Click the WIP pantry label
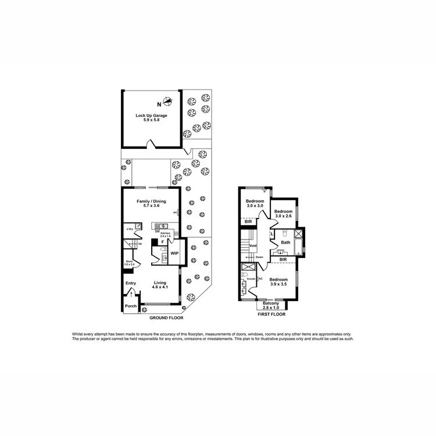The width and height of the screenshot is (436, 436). click(x=174, y=253)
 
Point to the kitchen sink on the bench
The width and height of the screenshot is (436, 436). click(x=163, y=226)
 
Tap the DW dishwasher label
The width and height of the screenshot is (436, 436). click(x=158, y=232)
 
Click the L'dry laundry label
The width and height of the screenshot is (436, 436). click(x=130, y=229)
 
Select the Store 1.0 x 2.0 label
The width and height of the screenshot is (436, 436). click(x=130, y=263)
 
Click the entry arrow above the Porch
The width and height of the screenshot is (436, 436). click(x=131, y=295)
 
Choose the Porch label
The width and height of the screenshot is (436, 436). click(x=130, y=306)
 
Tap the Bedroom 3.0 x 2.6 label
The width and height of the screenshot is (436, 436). click(x=283, y=213)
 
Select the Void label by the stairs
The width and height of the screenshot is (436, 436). click(x=253, y=245)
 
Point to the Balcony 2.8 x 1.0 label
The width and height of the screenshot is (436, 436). click(x=271, y=305)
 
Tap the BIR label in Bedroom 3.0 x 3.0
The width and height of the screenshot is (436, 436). click(x=248, y=221)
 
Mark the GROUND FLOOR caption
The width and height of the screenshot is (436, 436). click(x=166, y=318)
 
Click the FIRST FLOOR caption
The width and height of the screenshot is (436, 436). click(x=271, y=314)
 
